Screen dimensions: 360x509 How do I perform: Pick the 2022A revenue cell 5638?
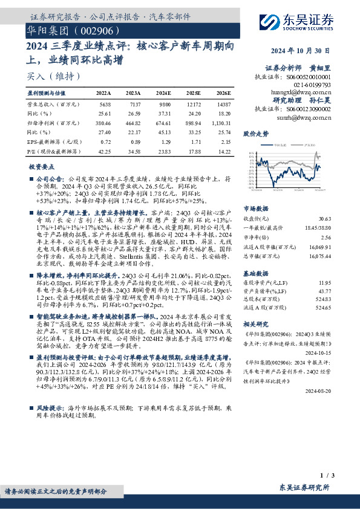point(105,103)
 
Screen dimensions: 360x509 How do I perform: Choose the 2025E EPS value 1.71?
point(194,141)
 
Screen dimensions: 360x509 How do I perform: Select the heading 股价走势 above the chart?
point(255,132)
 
